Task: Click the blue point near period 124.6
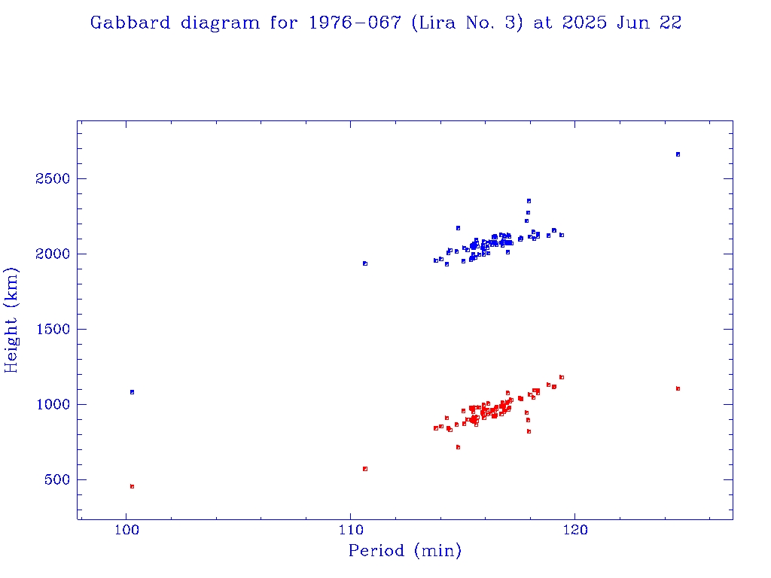pos(678,154)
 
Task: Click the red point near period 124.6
pos(678,388)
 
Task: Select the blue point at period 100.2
pos(132,392)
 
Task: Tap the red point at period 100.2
pos(132,486)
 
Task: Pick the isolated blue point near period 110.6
pos(365,263)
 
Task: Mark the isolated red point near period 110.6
pos(365,468)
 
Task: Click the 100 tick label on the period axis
pos(126,534)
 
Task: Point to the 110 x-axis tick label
pos(350,534)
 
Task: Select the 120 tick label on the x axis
pos(575,534)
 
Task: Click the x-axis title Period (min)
pos(404,552)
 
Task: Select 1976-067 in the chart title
pos(354,23)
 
